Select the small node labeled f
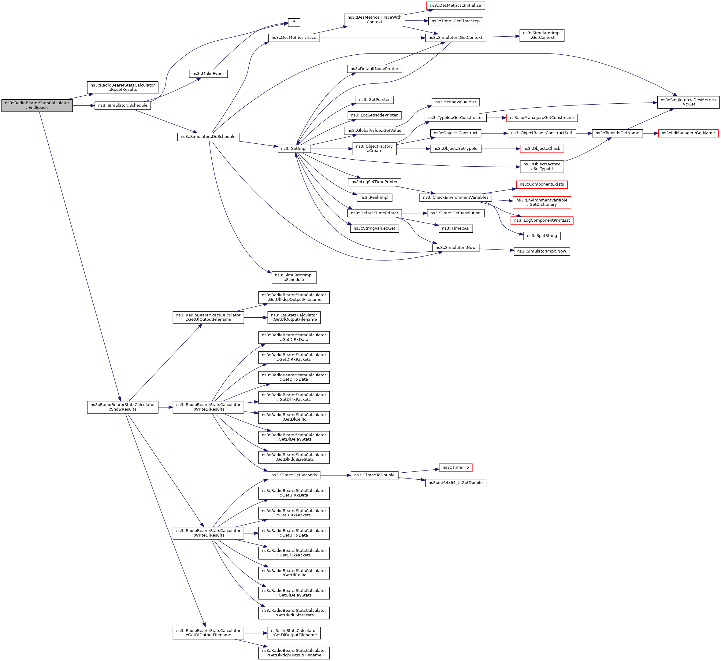pos(294,22)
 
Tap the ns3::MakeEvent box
pos(208,74)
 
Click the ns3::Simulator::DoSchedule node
pos(208,137)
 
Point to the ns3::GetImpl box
pos(293,149)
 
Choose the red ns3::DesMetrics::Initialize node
pos(455,6)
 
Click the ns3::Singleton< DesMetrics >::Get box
pos(688,102)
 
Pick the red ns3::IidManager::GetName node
pos(688,133)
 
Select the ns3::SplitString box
pos(542,236)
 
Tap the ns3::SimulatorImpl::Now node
pos(542,251)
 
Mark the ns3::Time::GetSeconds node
pos(294,475)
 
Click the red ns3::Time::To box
pos(455,467)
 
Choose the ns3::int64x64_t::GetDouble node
pos(455,483)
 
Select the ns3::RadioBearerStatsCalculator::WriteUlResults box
pos(208,533)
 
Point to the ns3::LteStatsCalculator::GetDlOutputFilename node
pos(294,633)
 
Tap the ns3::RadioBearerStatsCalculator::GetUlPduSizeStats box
pos(294,613)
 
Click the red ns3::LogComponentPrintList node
pos(542,220)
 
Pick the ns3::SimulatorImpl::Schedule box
pos(294,278)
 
